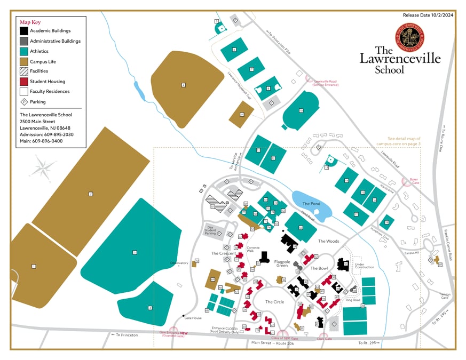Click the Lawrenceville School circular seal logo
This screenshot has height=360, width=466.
tap(410, 36)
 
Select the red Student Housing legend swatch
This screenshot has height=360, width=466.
tap(23, 82)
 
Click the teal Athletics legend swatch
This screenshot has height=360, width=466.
tap(23, 51)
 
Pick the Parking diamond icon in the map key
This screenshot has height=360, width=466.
tap(23, 102)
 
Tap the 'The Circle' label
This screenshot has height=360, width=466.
tap(274, 302)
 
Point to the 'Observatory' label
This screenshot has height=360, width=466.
tap(179, 263)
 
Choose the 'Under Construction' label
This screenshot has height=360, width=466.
tap(365, 265)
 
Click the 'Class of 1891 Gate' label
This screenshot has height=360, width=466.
tap(285, 338)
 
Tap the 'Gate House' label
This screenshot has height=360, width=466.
tap(193, 318)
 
